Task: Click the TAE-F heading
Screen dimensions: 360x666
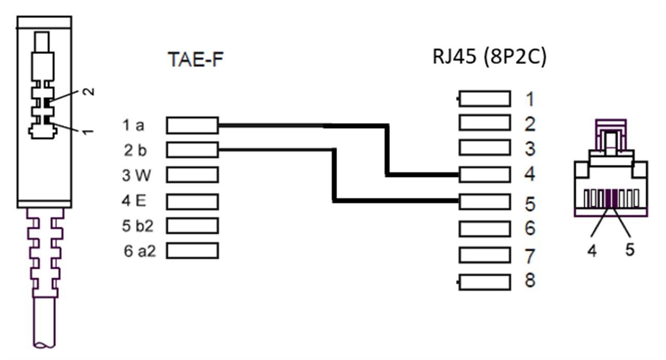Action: tap(195, 60)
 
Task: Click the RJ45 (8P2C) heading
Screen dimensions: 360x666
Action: tap(489, 57)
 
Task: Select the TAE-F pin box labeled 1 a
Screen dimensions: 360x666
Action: tap(192, 125)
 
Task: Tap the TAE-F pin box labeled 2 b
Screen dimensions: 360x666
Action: tap(192, 150)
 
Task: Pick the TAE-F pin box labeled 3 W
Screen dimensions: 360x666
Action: tap(192, 175)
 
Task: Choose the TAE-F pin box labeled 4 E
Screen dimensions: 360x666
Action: tap(192, 201)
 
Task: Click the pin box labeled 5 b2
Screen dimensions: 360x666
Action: tap(192, 226)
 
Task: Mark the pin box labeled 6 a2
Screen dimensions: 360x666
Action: tap(192, 251)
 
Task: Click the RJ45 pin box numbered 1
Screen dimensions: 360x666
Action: tap(484, 99)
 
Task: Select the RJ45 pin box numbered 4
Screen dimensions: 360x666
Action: tap(484, 175)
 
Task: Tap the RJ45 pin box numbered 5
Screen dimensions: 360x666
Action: tap(484, 200)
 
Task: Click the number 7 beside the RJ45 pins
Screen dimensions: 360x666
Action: tap(529, 256)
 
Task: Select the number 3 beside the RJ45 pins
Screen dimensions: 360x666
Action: tap(529, 149)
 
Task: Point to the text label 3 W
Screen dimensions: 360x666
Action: tap(136, 176)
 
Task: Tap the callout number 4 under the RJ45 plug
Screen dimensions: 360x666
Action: tap(592, 250)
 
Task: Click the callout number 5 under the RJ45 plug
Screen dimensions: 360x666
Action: tap(630, 250)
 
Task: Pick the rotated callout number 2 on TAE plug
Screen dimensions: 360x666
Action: tap(89, 92)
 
